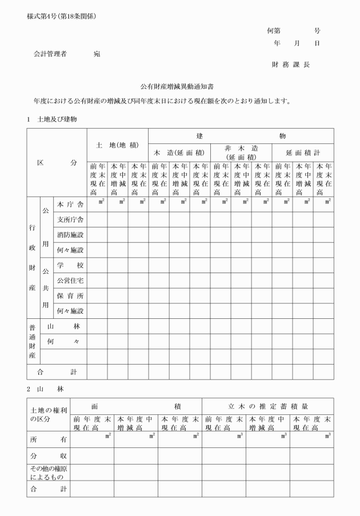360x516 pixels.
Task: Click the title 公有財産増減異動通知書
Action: (180, 87)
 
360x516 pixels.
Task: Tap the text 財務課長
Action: (290, 65)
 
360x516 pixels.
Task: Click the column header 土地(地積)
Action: (118, 145)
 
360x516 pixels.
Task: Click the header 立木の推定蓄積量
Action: (268, 406)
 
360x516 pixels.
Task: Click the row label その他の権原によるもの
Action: (49, 472)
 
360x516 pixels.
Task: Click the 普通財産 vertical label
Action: (33, 341)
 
